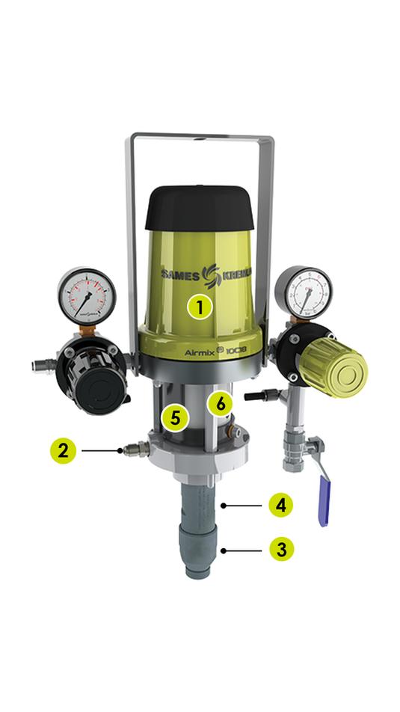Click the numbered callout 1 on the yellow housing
click(200, 306)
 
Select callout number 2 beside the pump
click(64, 450)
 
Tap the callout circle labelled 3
click(281, 550)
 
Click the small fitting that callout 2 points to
click(134, 450)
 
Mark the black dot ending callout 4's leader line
click(223, 506)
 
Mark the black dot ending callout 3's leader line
click(223, 550)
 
